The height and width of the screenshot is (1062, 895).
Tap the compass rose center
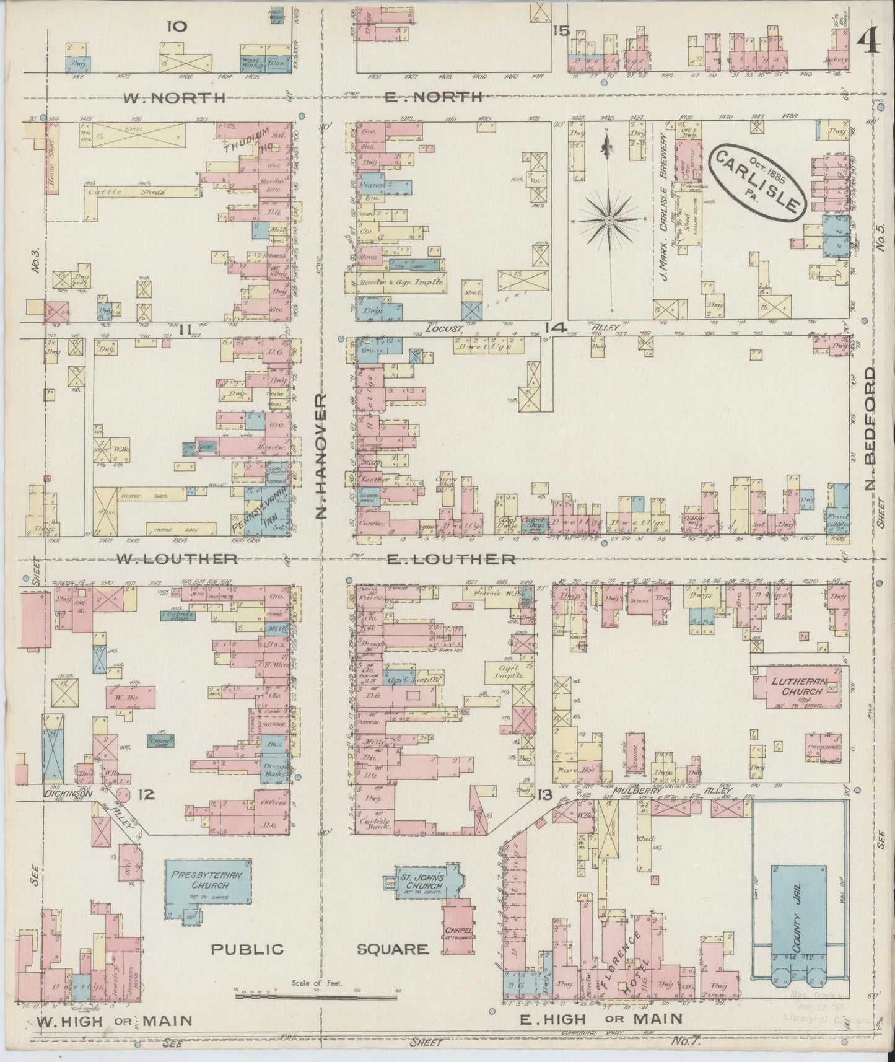(x=609, y=221)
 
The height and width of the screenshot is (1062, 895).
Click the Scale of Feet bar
(x=316, y=998)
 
